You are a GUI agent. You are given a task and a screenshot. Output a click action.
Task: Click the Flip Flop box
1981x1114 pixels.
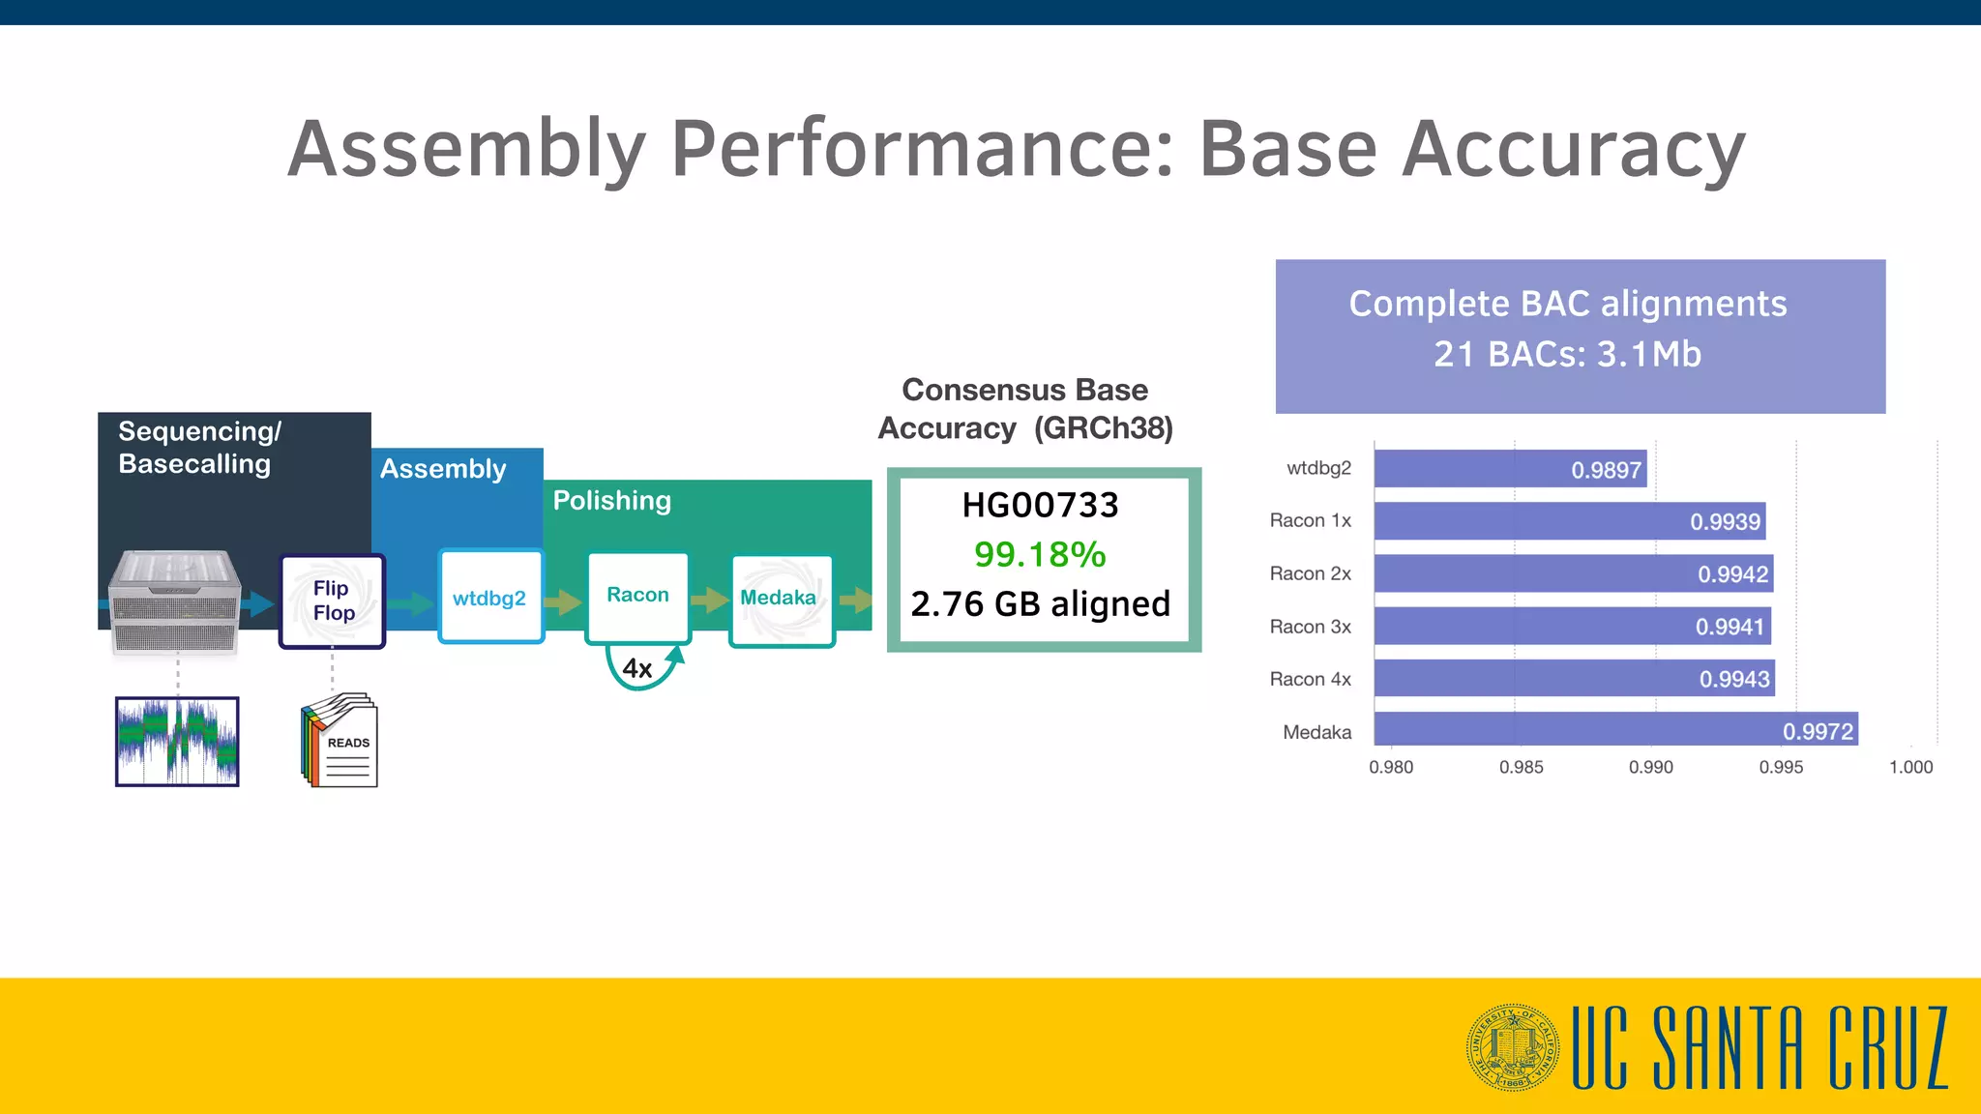coord(332,601)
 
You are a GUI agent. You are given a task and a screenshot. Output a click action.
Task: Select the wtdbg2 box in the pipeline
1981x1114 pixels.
coord(490,597)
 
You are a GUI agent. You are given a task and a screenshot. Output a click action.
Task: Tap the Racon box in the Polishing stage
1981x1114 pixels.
coord(637,596)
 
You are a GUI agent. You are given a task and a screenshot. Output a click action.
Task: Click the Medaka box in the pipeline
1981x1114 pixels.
coord(780,599)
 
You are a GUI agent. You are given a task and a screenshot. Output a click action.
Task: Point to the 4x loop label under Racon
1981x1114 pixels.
coord(637,668)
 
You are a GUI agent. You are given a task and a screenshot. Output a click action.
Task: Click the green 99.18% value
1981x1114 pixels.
coord(1040,554)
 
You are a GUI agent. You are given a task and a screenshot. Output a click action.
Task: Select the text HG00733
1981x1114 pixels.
coord(1040,505)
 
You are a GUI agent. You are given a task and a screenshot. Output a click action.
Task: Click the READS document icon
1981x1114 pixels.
coord(340,741)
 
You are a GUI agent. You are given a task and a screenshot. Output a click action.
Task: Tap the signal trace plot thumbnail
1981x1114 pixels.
coord(177,741)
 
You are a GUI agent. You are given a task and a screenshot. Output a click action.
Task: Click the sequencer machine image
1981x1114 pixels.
coord(175,601)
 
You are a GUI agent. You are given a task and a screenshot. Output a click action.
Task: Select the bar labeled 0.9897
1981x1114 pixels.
coord(1509,469)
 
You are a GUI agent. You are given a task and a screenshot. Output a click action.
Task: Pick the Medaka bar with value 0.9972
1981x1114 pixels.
coord(1615,730)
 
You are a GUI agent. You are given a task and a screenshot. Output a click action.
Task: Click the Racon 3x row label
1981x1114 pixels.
coord(1310,627)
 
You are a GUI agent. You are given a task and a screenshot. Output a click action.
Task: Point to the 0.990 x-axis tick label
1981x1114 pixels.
coord(1650,767)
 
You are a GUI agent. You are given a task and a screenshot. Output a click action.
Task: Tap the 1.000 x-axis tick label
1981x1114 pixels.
coord(1910,767)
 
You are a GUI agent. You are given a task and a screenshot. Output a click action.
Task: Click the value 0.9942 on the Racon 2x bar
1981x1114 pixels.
coord(1732,574)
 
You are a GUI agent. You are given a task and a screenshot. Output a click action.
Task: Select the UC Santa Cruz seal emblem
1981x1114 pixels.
coord(1512,1047)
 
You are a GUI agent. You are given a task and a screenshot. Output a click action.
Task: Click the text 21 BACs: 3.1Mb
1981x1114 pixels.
coord(1567,354)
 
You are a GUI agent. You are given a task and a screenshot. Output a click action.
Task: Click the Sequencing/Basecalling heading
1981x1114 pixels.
coord(199,448)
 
